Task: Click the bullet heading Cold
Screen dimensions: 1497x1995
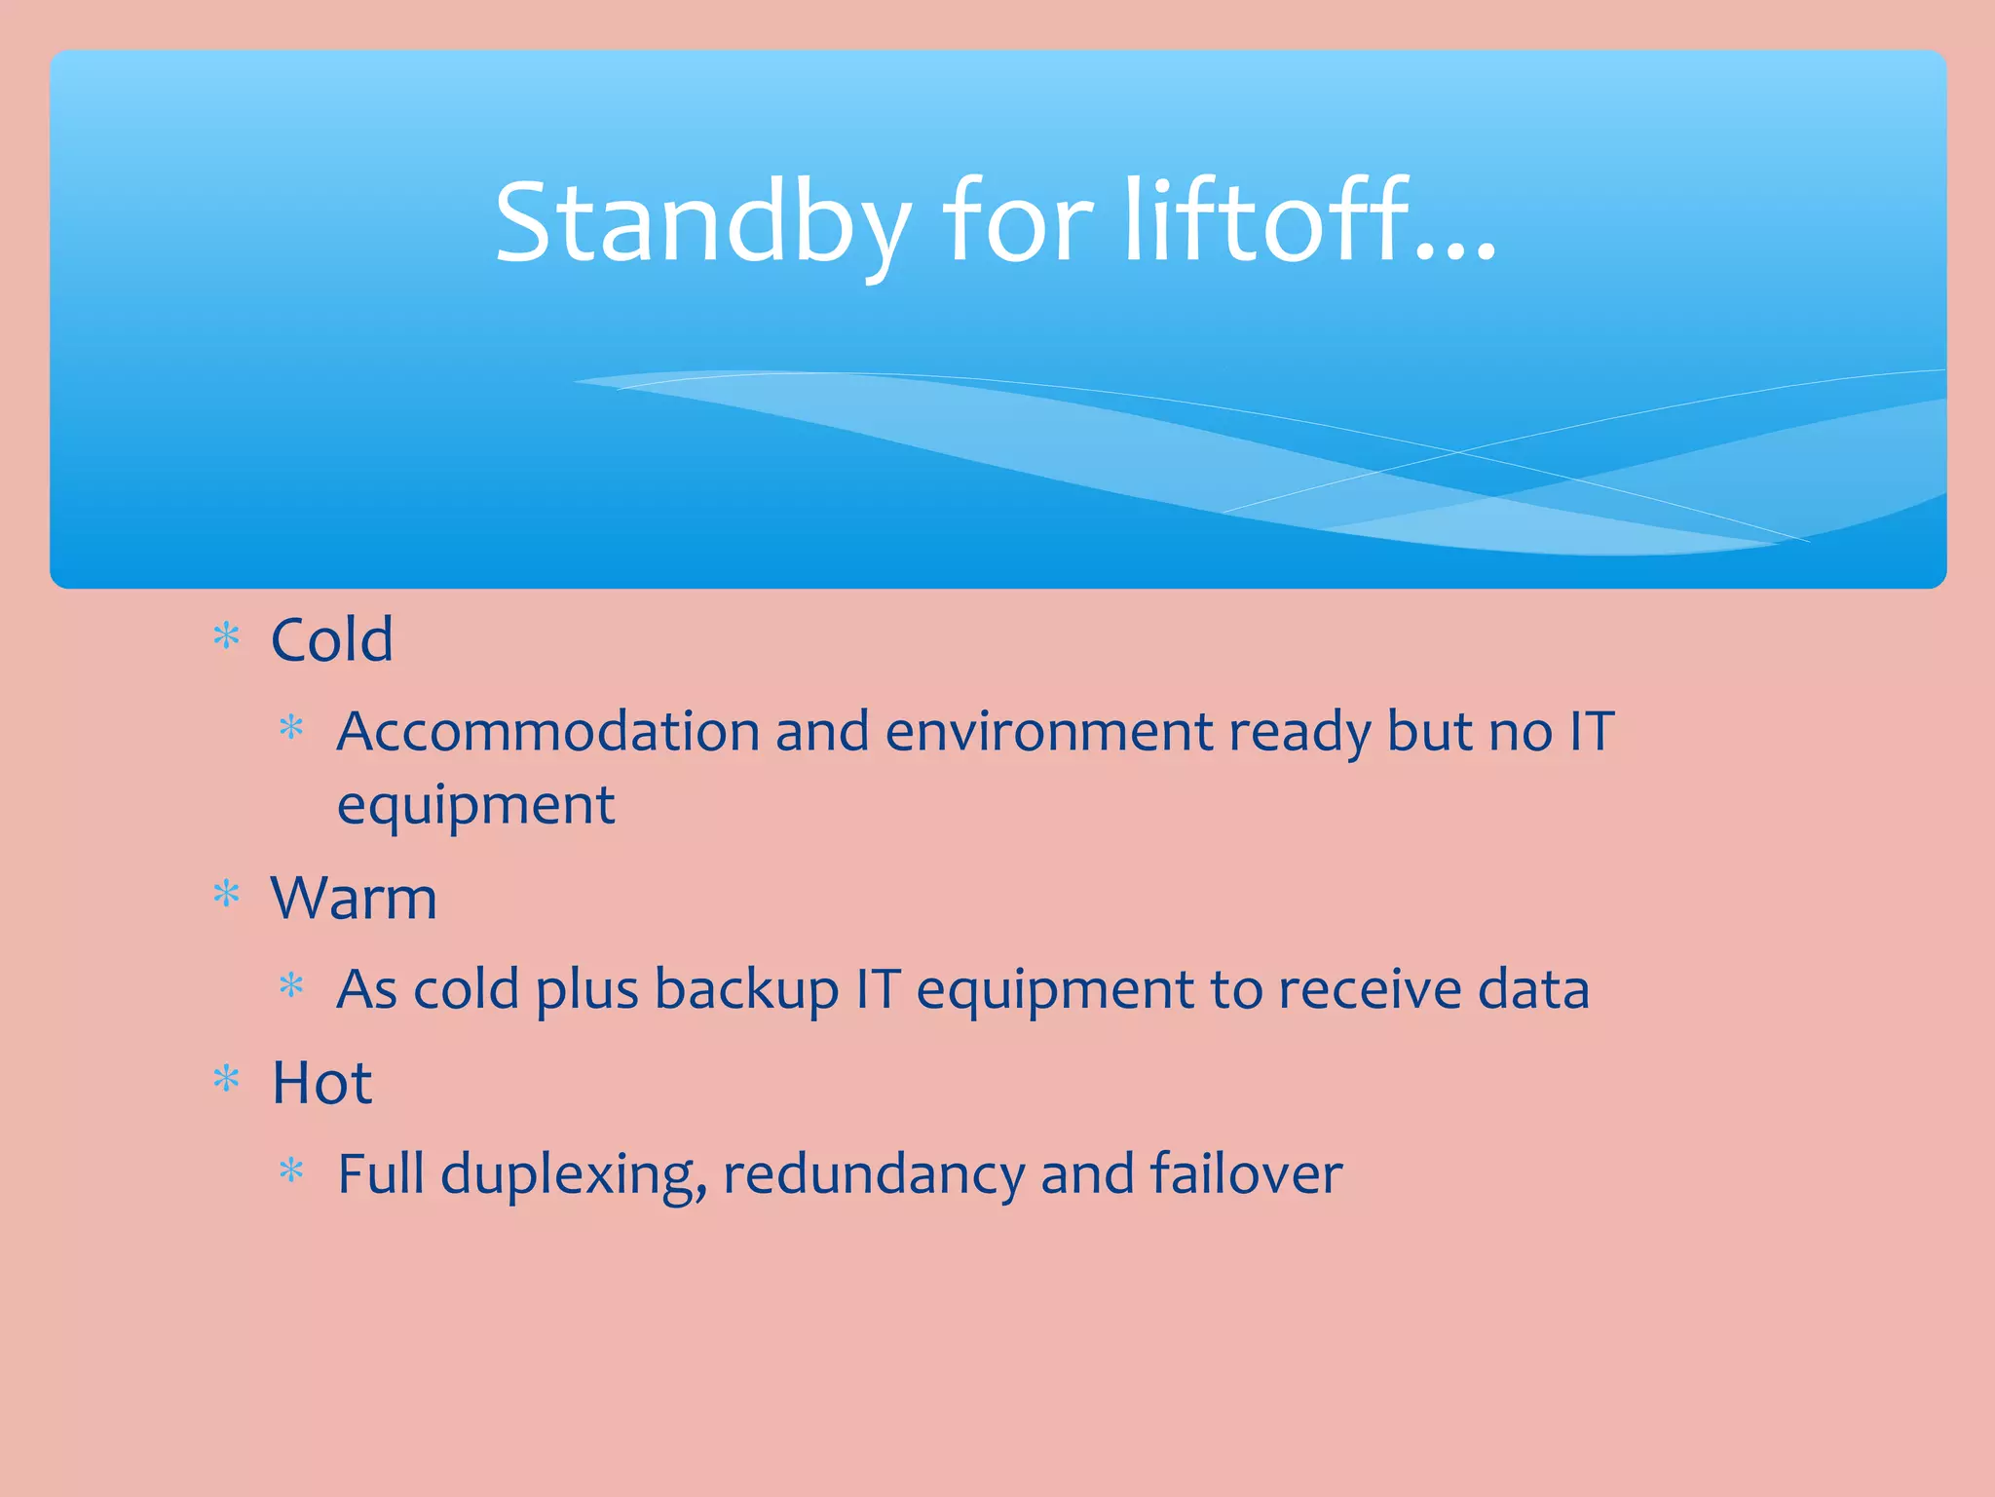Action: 332,640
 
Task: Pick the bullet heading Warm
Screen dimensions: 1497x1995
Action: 354,898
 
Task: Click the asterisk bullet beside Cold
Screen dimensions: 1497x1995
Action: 226,637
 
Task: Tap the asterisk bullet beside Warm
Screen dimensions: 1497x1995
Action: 226,895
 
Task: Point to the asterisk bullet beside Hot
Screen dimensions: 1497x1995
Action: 226,1079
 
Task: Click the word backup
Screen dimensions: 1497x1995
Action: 746,990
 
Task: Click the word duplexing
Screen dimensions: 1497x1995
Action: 573,1175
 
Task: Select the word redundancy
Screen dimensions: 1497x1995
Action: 873,1175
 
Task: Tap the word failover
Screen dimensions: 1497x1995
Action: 1246,1173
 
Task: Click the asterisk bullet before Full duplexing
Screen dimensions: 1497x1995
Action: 291,1171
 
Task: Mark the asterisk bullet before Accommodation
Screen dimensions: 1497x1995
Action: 291,728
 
